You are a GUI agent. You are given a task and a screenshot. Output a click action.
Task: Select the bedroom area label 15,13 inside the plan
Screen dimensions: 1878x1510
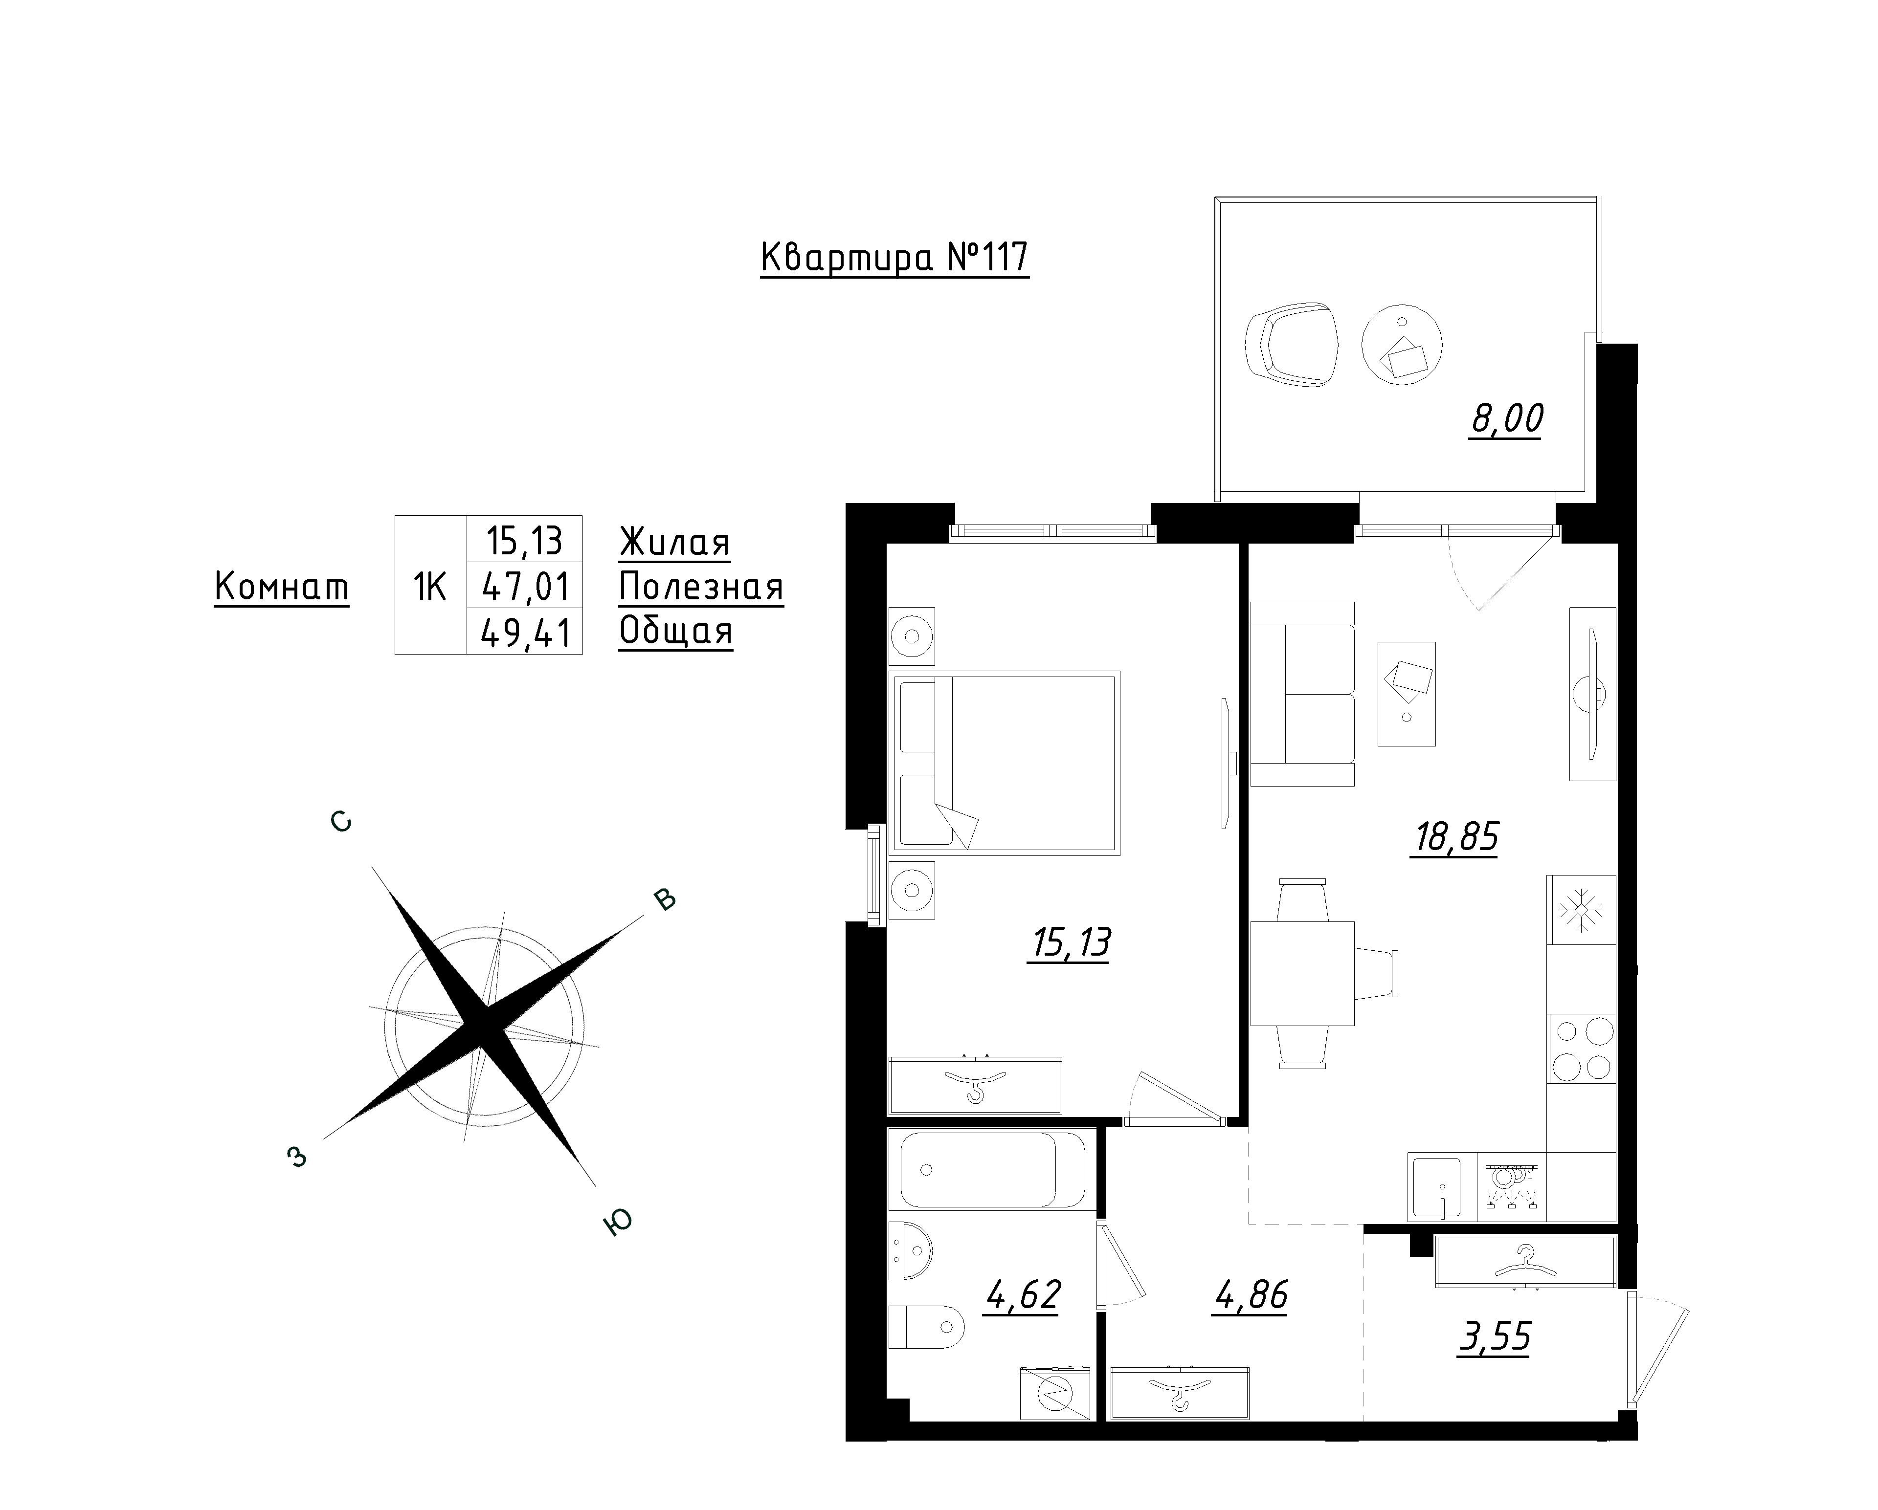1070,943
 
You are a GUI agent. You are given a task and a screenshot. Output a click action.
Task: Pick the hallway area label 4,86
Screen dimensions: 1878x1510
1250,1296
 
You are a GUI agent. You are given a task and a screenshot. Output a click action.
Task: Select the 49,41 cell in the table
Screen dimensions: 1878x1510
525,632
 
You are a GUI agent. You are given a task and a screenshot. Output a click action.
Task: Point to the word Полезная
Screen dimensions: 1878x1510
701,588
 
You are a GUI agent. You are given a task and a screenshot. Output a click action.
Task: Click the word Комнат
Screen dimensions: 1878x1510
281,587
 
